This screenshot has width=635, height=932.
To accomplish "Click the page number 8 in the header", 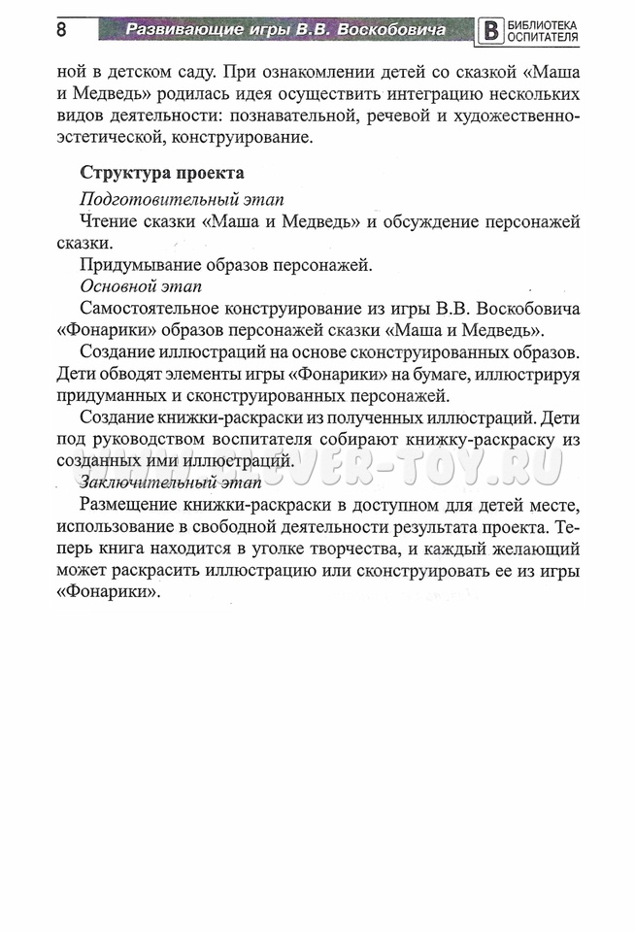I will (61, 29).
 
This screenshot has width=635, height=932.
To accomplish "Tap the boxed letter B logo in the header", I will (492, 30).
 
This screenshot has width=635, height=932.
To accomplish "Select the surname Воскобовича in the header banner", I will (392, 29).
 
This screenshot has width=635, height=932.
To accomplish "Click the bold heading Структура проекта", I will (162, 173).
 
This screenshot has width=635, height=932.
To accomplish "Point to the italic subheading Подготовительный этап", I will (182, 199).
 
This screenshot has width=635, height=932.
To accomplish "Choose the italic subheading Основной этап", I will (142, 286).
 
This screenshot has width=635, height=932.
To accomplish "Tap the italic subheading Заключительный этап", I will (171, 483).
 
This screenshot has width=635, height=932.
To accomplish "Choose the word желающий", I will (532, 549).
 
